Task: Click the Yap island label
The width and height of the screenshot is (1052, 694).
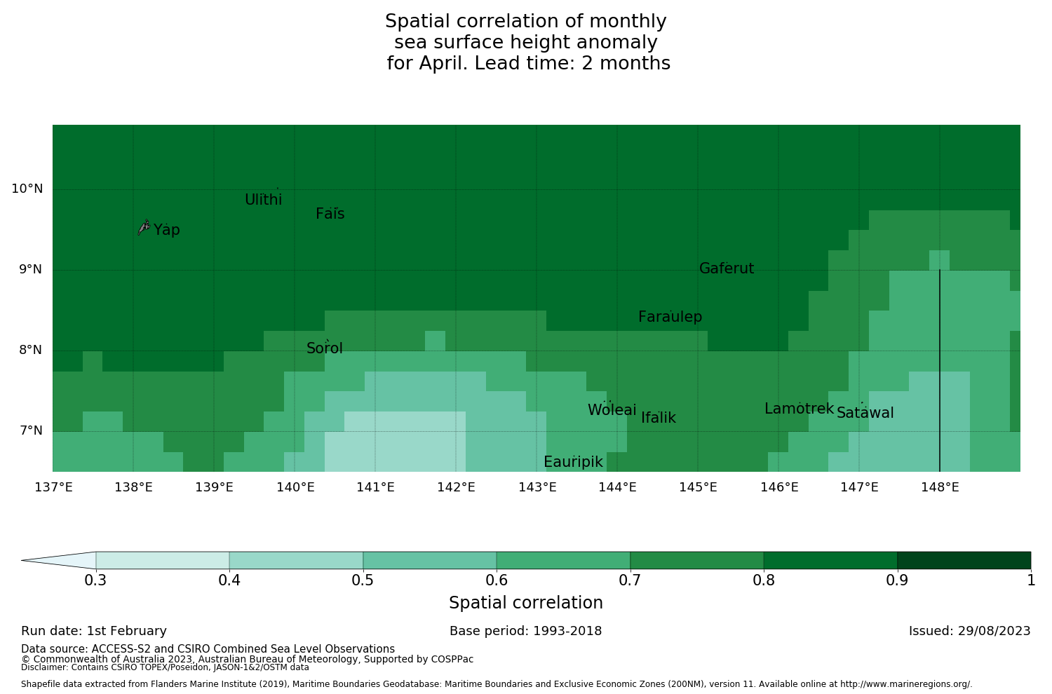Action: click(167, 230)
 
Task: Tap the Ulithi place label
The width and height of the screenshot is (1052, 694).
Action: click(263, 200)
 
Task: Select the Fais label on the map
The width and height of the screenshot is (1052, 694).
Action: click(330, 214)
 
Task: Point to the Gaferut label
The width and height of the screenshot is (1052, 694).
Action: click(727, 268)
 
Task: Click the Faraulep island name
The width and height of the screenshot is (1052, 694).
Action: click(670, 317)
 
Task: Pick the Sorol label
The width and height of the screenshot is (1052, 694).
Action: click(325, 348)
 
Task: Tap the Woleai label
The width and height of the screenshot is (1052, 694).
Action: click(612, 410)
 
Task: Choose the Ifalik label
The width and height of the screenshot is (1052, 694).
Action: click(658, 418)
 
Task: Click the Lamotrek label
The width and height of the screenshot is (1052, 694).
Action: click(799, 409)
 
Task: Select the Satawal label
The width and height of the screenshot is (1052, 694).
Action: click(865, 413)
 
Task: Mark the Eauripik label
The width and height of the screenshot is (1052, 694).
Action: click(573, 462)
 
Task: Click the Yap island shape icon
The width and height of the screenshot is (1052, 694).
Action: click(144, 226)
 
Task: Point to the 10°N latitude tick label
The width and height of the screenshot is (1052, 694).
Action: click(27, 189)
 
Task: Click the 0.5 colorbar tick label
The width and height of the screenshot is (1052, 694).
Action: click(363, 580)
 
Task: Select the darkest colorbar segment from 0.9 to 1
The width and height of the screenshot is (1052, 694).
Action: click(964, 560)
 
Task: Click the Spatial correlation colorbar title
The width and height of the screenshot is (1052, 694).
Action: click(525, 603)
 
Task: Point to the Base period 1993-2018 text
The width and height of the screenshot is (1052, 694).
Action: click(525, 631)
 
